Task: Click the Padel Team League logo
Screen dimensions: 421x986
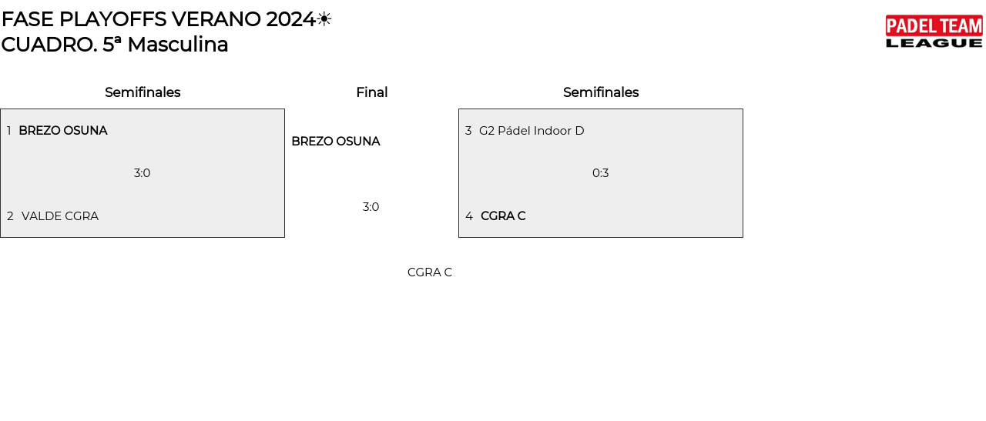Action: point(934,32)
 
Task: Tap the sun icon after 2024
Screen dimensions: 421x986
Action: point(324,19)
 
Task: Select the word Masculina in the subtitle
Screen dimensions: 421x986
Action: point(178,45)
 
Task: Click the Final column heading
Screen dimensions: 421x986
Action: point(371,92)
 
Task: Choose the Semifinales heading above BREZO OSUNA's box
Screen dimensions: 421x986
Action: point(143,92)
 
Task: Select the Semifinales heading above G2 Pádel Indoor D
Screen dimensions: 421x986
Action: point(601,92)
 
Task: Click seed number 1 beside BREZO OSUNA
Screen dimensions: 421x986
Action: point(9,131)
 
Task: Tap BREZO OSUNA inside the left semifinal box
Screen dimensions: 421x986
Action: point(63,131)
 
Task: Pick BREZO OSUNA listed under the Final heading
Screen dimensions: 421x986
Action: point(336,142)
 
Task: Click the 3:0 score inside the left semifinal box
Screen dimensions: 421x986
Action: point(143,173)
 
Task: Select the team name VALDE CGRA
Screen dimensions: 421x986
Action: point(60,216)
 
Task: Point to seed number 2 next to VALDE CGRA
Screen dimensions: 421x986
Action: point(10,216)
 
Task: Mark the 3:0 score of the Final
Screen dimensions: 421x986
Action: point(371,207)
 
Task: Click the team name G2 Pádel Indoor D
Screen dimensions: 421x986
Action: point(532,131)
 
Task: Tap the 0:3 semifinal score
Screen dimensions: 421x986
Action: point(601,173)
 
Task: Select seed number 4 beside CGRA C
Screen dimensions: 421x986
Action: point(469,216)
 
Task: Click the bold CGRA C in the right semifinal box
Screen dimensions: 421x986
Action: point(503,216)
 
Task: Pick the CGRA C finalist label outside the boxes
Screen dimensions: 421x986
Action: point(430,272)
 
